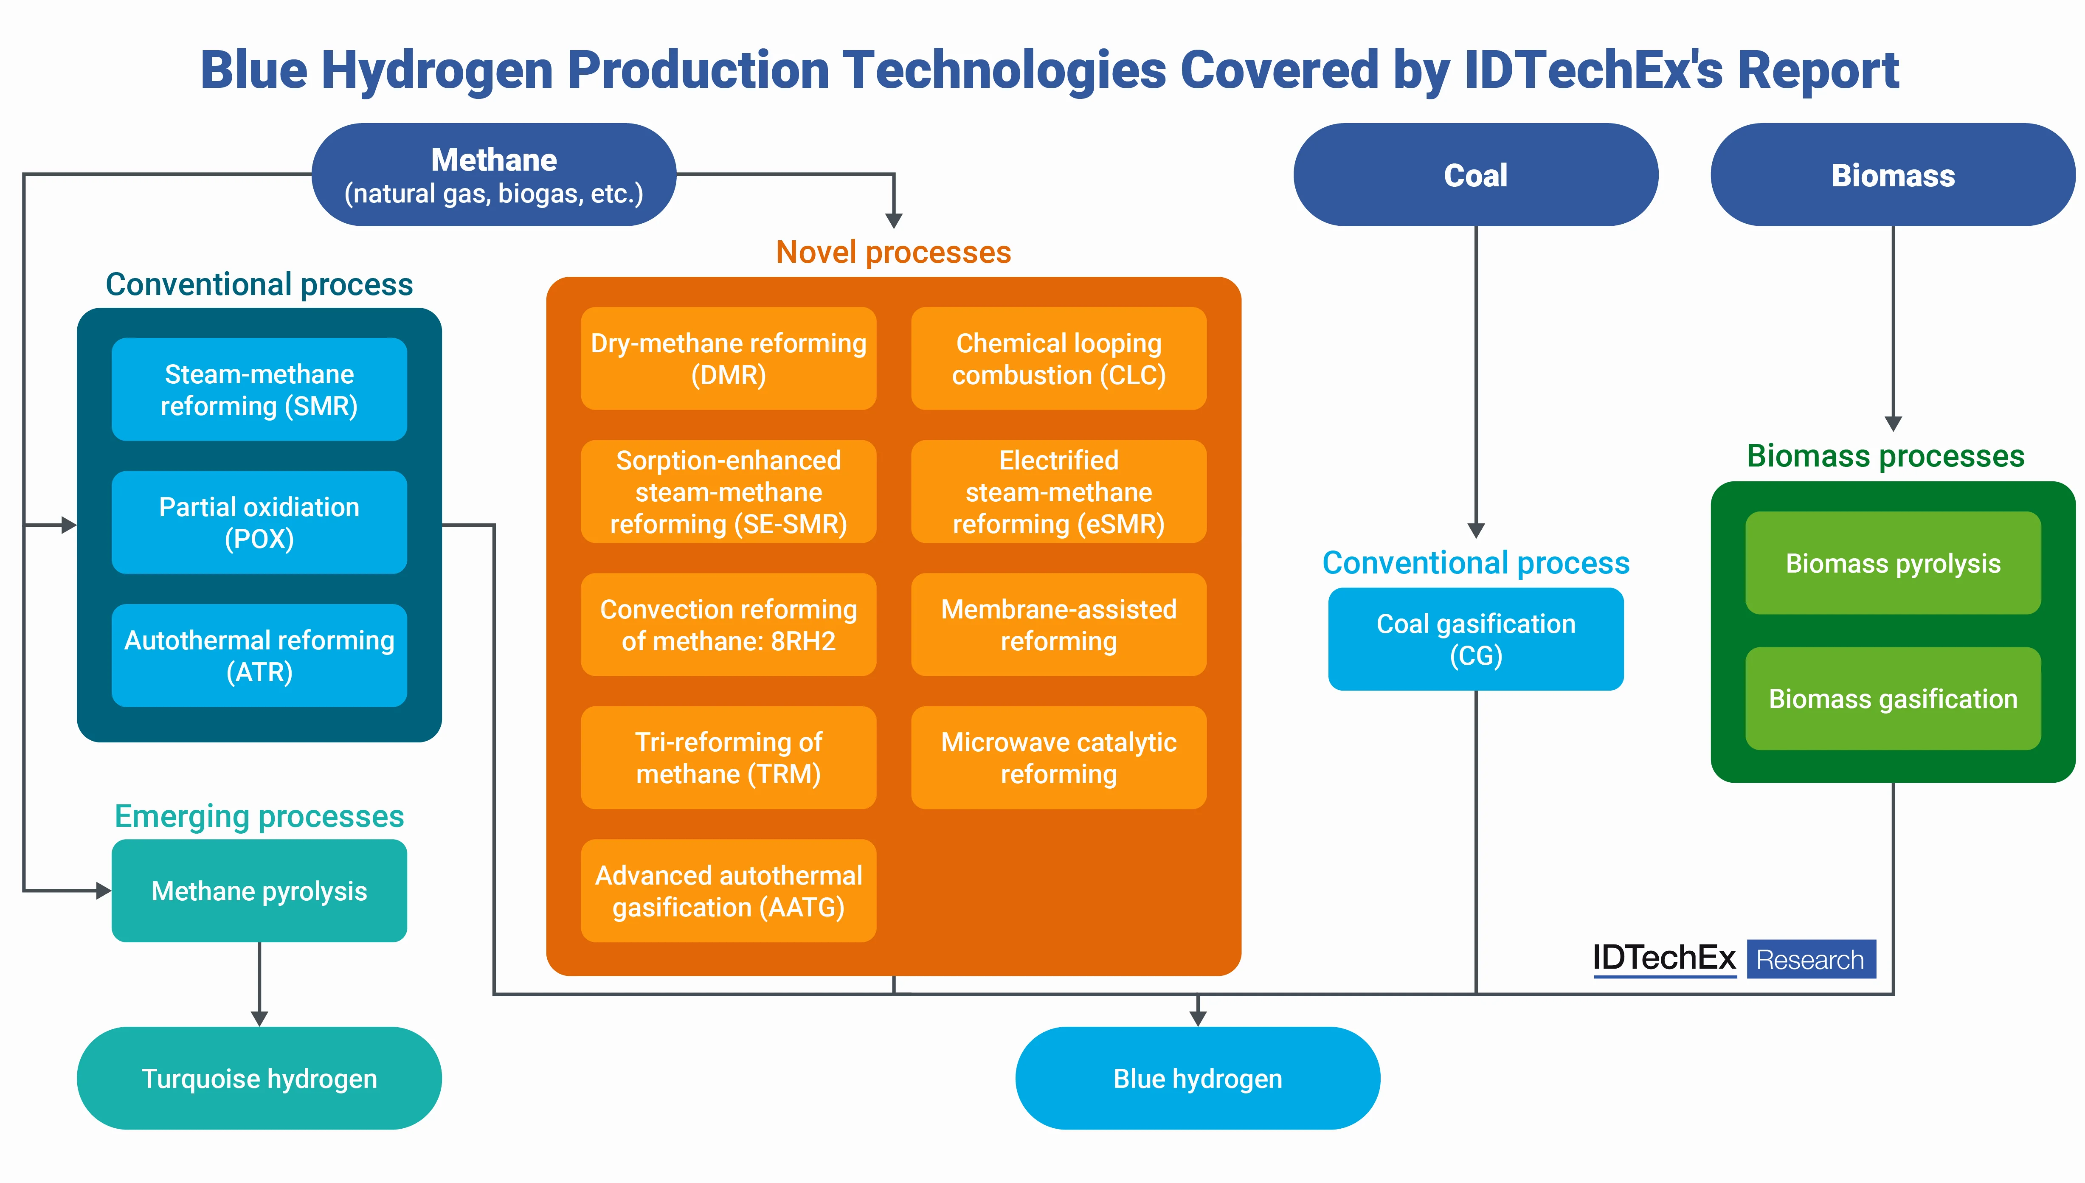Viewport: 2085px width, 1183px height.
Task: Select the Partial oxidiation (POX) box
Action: coord(259,523)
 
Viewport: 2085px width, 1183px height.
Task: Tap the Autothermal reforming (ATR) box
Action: coord(259,656)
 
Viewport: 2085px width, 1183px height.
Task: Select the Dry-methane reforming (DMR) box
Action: coord(728,358)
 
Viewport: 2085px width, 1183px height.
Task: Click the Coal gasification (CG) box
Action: coord(1476,639)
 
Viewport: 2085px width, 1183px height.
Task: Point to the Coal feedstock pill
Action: coord(1476,175)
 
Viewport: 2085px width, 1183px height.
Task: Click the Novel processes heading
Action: coord(893,253)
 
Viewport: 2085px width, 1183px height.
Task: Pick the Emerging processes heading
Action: coord(259,816)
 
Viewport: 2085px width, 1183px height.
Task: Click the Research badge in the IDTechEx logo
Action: coord(1810,960)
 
